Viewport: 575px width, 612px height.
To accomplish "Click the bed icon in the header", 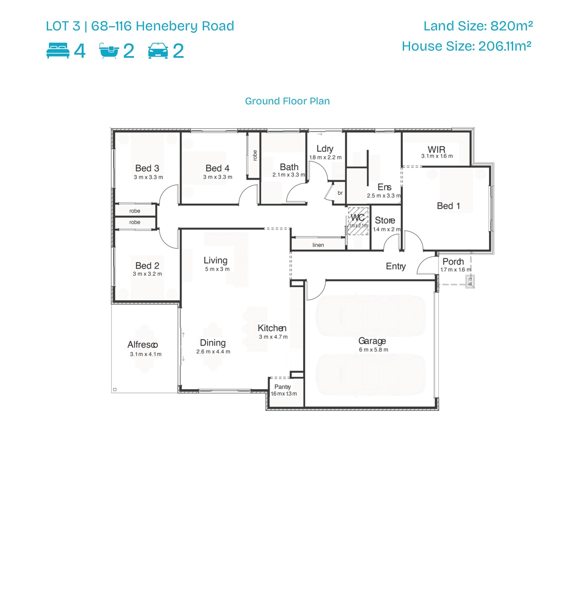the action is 58,51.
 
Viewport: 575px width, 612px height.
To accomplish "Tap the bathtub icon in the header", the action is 109,51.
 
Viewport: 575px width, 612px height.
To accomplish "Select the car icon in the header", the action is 158,51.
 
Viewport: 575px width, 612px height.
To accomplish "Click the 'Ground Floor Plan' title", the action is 287,101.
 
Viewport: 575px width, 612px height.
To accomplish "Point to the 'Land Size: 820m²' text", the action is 478,26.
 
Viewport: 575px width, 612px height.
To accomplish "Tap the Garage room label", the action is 372,341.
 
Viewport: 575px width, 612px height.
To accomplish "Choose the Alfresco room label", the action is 143,345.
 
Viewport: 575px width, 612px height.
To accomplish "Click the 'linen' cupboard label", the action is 318,245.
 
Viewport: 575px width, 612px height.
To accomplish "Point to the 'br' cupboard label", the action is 340,193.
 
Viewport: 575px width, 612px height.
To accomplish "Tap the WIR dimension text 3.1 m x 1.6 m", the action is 437,156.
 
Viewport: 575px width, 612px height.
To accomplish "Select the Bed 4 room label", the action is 218,168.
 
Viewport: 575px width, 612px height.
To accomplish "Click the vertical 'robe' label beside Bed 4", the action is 255,155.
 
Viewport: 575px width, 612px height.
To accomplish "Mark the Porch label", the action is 453,262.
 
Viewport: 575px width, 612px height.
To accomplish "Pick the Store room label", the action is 385,220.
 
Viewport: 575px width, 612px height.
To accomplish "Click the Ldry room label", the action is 325,149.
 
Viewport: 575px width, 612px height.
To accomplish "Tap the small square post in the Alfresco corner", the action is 115,389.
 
